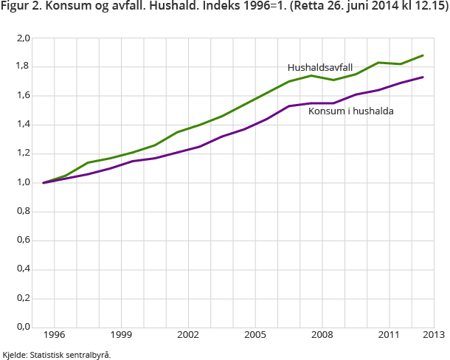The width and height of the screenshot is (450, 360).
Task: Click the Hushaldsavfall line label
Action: click(x=320, y=67)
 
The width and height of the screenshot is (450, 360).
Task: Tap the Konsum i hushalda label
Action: click(x=350, y=111)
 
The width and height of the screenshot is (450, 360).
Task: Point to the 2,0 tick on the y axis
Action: click(x=24, y=38)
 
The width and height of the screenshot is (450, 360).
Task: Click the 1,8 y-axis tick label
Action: click(x=24, y=66)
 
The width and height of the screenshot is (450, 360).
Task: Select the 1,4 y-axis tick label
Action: click(x=24, y=124)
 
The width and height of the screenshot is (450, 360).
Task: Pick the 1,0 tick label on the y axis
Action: click(x=24, y=182)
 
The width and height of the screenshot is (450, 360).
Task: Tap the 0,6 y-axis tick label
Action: click(x=24, y=240)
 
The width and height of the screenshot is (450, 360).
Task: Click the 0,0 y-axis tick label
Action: click(x=24, y=327)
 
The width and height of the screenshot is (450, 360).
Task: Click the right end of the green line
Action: click(x=423, y=55)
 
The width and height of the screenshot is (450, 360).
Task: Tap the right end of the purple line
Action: click(x=423, y=77)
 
